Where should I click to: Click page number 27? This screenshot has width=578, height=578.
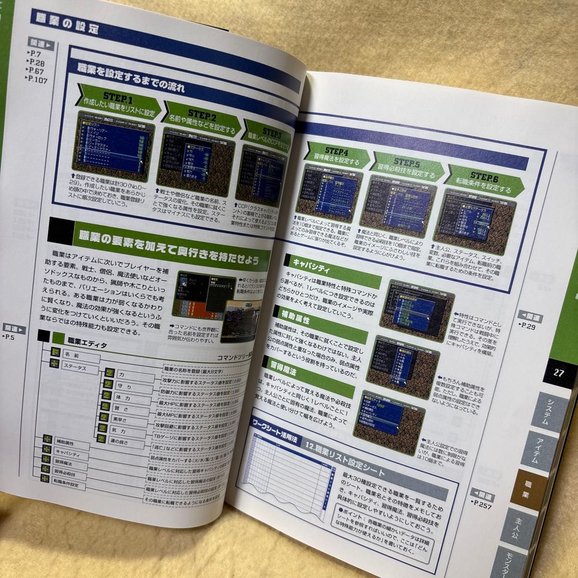[558, 372]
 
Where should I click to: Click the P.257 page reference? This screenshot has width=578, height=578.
[484, 503]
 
